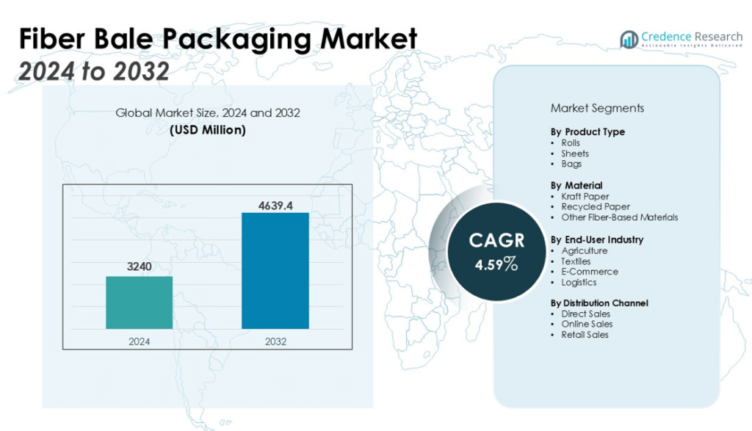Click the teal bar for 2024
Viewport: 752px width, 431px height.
click(139, 302)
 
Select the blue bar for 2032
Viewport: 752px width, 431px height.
click(275, 270)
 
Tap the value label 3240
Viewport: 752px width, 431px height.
click(139, 267)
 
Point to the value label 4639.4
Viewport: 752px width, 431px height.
click(275, 205)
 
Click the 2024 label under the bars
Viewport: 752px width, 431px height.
click(139, 341)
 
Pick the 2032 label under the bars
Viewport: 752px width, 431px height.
click(275, 341)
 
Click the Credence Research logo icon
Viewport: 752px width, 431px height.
click(629, 40)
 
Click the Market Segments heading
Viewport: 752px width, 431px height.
click(597, 108)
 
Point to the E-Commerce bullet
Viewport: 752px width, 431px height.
click(589, 272)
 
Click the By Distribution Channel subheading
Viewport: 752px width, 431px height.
click(599, 303)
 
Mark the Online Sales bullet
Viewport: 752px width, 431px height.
click(587, 324)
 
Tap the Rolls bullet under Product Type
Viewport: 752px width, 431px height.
click(571, 142)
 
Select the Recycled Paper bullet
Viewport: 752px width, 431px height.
click(596, 207)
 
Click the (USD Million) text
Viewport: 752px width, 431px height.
click(208, 130)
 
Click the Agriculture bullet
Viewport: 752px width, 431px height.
click(584, 250)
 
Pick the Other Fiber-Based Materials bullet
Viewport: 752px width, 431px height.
click(619, 217)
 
